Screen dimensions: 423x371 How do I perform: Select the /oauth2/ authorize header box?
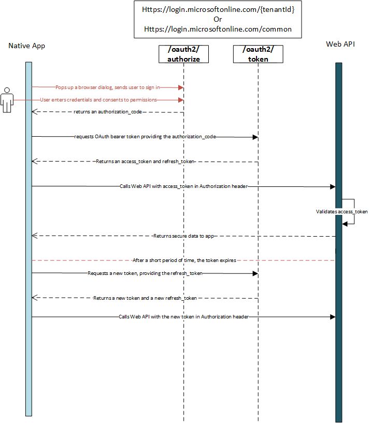pyautogui.click(x=183, y=54)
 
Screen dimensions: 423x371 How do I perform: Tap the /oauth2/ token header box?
pyautogui.click(x=258, y=54)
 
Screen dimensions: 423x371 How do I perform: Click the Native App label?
pyautogui.click(x=27, y=46)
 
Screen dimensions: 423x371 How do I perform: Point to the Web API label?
pyautogui.click(x=340, y=44)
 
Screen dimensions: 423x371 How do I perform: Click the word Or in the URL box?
pyautogui.click(x=218, y=20)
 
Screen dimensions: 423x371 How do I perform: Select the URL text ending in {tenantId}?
pyautogui.click(x=218, y=10)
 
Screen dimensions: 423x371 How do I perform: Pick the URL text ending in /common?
pyautogui.click(x=218, y=30)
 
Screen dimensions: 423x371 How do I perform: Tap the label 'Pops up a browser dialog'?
pyautogui.click(x=107, y=87)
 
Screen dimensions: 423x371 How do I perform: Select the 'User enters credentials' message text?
pyautogui.click(x=98, y=99)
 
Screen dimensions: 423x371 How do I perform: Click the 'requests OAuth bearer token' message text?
pyautogui.click(x=145, y=137)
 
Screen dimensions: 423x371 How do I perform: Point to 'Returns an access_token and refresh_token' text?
pyautogui.click(x=145, y=162)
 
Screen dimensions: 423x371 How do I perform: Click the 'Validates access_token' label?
pyautogui.click(x=341, y=212)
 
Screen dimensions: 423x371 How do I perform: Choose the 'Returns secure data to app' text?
pyautogui.click(x=184, y=236)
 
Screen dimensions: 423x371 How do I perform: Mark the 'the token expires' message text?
pyautogui.click(x=184, y=260)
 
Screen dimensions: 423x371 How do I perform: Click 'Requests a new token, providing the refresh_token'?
pyautogui.click(x=145, y=273)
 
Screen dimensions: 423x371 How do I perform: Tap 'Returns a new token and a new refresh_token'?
pyautogui.click(x=145, y=298)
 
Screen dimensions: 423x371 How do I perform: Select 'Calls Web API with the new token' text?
pyautogui.click(x=184, y=316)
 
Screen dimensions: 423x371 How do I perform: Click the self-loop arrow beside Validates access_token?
pyautogui.click(x=351, y=205)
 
